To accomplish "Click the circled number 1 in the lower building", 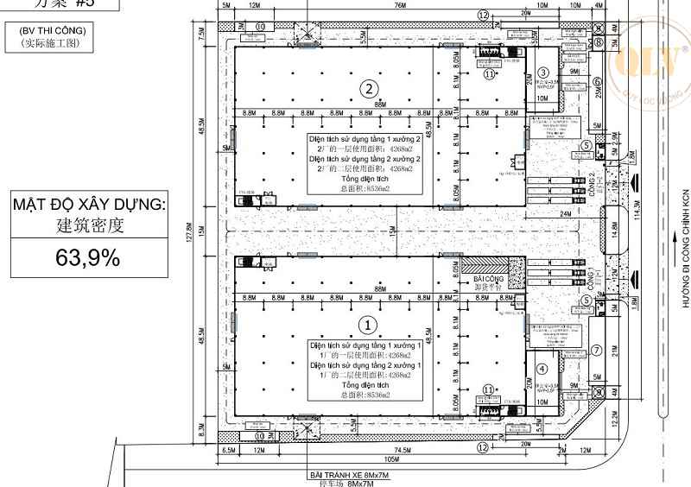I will pyautogui.click(x=369, y=325).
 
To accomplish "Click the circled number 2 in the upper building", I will pyautogui.click(x=369, y=88).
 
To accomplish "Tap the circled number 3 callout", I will pyautogui.click(x=543, y=73).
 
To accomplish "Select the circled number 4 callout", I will pyautogui.click(x=542, y=369).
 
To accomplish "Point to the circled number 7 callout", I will pyautogui.click(x=596, y=351).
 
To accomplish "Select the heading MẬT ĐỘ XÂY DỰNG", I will pyautogui.click(x=87, y=206).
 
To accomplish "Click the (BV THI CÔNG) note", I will pyautogui.click(x=52, y=31).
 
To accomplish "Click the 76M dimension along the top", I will pyautogui.click(x=400, y=7).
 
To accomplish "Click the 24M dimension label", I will pyautogui.click(x=566, y=212).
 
